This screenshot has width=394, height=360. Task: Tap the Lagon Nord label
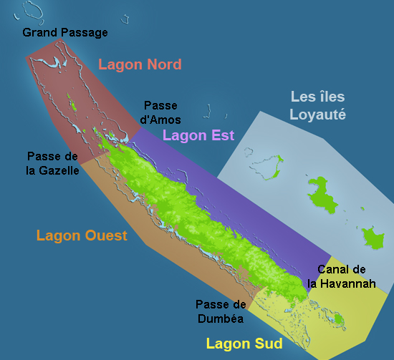pos(140,64)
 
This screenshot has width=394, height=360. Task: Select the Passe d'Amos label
pos(162,112)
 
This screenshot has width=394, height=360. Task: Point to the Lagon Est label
pos(198,135)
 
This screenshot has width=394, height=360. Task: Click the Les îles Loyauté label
pos(318,104)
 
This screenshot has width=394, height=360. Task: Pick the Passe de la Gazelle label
pos(53,163)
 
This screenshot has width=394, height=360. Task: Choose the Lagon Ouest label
pos(82,235)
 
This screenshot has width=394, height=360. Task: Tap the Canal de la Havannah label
pos(342,276)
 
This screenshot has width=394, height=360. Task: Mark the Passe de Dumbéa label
pos(220,311)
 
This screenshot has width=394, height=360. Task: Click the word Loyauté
pos(318,113)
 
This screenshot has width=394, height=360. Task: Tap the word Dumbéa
pos(220,318)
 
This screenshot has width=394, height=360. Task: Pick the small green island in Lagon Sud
pos(339,317)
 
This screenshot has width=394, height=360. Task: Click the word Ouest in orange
pos(105,235)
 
